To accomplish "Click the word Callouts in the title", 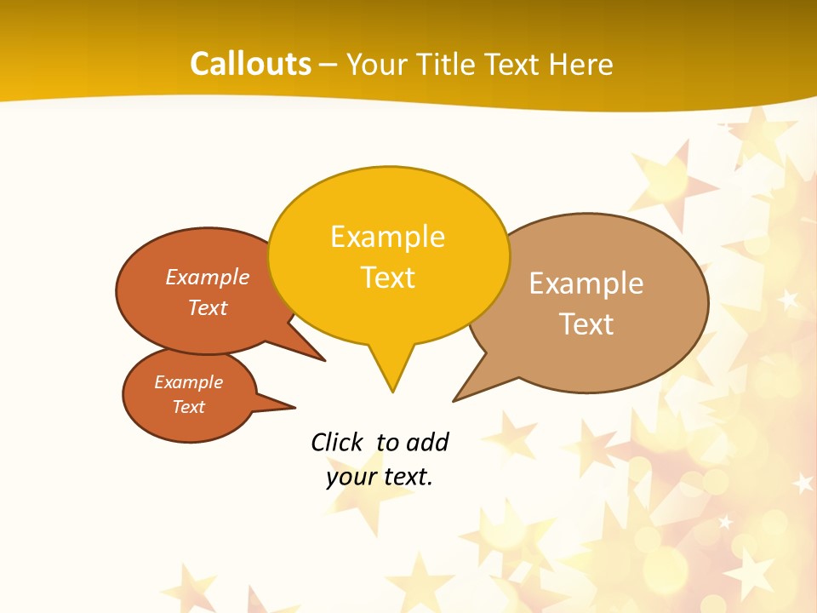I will point(250,64).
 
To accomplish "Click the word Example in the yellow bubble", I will point(387,237).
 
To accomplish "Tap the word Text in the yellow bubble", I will point(387,278).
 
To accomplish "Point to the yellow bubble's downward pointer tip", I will point(392,392).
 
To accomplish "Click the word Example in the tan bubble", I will point(586,284).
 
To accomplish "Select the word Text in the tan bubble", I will point(586,324).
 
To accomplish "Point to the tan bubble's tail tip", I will point(454,400).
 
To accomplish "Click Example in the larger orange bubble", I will point(208,277).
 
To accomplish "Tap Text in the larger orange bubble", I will point(208,307).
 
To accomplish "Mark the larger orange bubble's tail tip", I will point(324,360).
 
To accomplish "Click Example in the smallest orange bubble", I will point(188,382).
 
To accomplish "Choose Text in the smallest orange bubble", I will point(188,407).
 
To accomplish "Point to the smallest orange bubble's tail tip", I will point(294,406).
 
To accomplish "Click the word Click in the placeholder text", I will point(337,442).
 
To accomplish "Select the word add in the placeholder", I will point(427,442).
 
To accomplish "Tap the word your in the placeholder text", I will point(351,477).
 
